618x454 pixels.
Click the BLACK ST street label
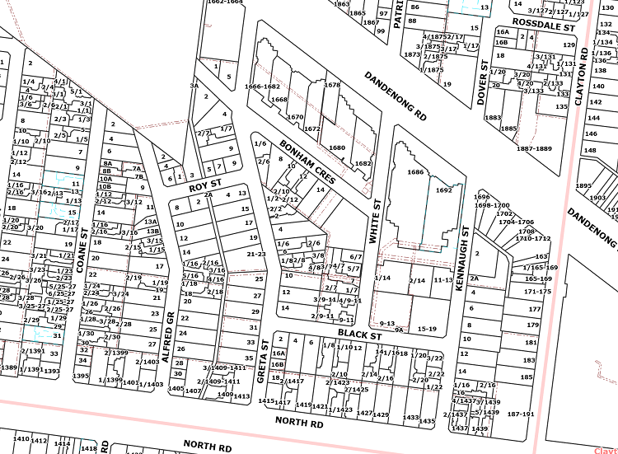point(359,334)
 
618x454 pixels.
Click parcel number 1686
point(414,172)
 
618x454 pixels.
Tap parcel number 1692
point(444,190)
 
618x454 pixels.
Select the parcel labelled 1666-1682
point(262,87)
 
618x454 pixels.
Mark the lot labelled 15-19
point(426,329)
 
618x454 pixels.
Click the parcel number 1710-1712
point(533,238)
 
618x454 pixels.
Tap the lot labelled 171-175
point(536,291)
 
